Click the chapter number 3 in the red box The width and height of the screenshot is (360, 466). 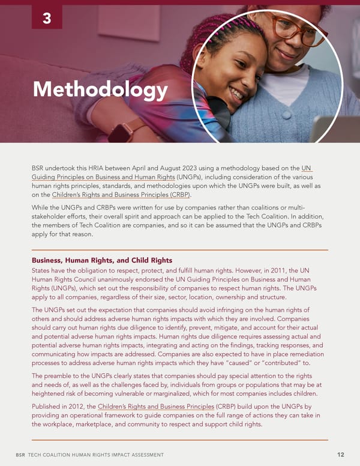pos(47,19)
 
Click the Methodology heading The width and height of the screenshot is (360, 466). pos(100,89)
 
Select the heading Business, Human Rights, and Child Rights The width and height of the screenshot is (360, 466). pos(102,261)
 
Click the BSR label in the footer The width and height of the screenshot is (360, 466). pos(20,455)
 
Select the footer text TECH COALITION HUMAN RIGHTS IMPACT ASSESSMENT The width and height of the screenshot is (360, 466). pos(96,455)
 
